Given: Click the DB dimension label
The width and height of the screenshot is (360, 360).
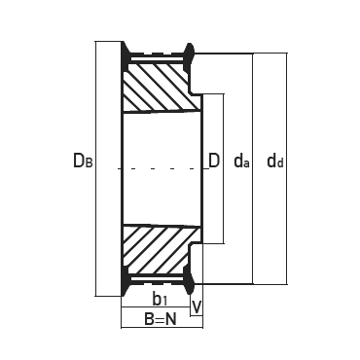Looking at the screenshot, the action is coord(83,161).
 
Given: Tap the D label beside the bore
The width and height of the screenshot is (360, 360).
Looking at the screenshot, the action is coord(214,161).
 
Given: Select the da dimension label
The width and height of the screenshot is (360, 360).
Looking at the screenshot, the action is coord(241,161).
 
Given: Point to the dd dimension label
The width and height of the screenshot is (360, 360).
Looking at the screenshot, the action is coord(275,161).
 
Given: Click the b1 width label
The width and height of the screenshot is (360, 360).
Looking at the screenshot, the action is coord(160,299).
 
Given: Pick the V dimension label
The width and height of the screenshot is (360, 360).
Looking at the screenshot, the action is coord(197,306).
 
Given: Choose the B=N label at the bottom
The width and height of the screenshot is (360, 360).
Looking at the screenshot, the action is coord(161,320).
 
